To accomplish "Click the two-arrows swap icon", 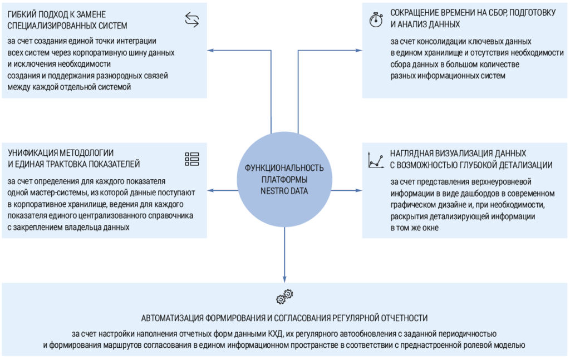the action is pos(192,19).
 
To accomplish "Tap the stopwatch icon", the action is pos(376,19).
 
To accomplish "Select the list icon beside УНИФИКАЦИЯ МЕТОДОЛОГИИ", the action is pos(192,159).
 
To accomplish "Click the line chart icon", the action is pos(376,160).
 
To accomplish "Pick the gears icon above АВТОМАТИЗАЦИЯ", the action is pos(284,297).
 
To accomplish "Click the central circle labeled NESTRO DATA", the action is pos(284,180).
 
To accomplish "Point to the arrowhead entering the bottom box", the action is pos(284,279).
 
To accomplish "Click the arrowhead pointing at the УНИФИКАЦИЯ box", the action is pos(210,190).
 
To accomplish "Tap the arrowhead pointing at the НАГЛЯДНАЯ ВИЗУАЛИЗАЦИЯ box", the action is pos(358,190).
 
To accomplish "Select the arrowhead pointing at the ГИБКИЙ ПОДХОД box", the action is pos(210,51).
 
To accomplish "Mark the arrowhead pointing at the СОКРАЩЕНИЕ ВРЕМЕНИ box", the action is pos(358,51).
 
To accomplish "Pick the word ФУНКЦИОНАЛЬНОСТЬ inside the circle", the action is pos(284,168).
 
